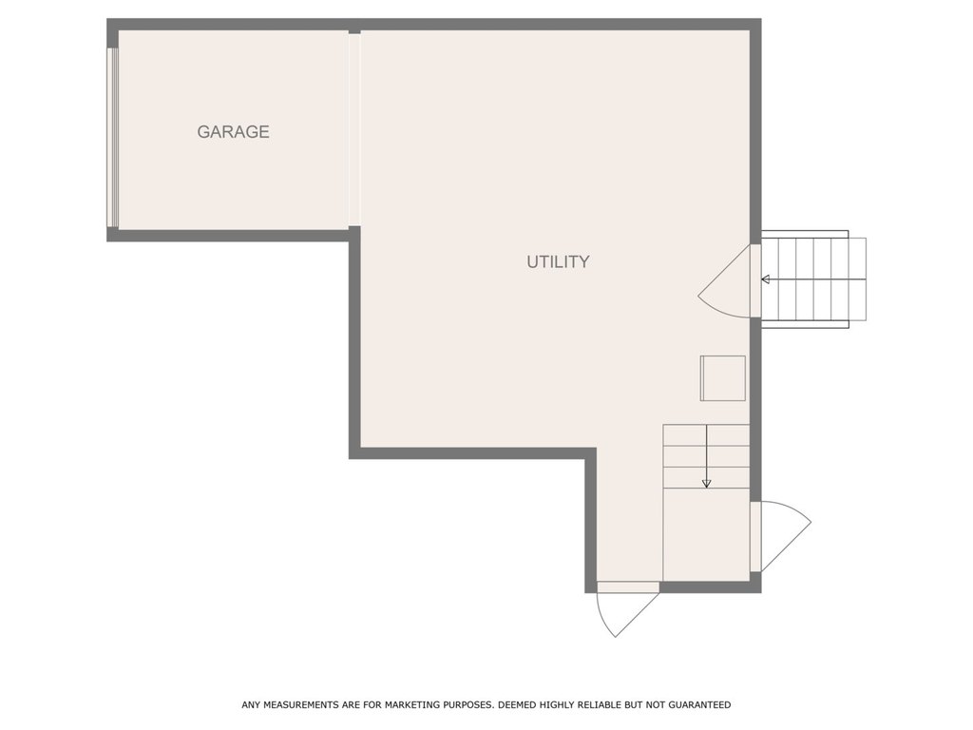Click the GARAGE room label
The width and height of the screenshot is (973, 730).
click(234, 131)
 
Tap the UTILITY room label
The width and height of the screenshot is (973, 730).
click(558, 262)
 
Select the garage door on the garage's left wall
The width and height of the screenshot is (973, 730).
click(112, 138)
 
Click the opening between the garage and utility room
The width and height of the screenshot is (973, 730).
click(354, 129)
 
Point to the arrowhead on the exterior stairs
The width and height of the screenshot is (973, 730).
click(766, 279)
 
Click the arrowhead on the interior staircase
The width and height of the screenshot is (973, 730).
click(706, 483)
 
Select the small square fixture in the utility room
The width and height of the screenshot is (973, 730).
click(723, 378)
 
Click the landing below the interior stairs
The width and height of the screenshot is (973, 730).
click(706, 535)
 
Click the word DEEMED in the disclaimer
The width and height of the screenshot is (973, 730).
click(517, 704)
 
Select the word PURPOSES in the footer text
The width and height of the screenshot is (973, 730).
click(468, 704)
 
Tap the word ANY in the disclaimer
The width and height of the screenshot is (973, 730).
click(251, 704)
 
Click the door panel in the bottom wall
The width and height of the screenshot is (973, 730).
click(628, 587)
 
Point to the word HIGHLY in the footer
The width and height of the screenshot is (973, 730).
click(557, 704)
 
